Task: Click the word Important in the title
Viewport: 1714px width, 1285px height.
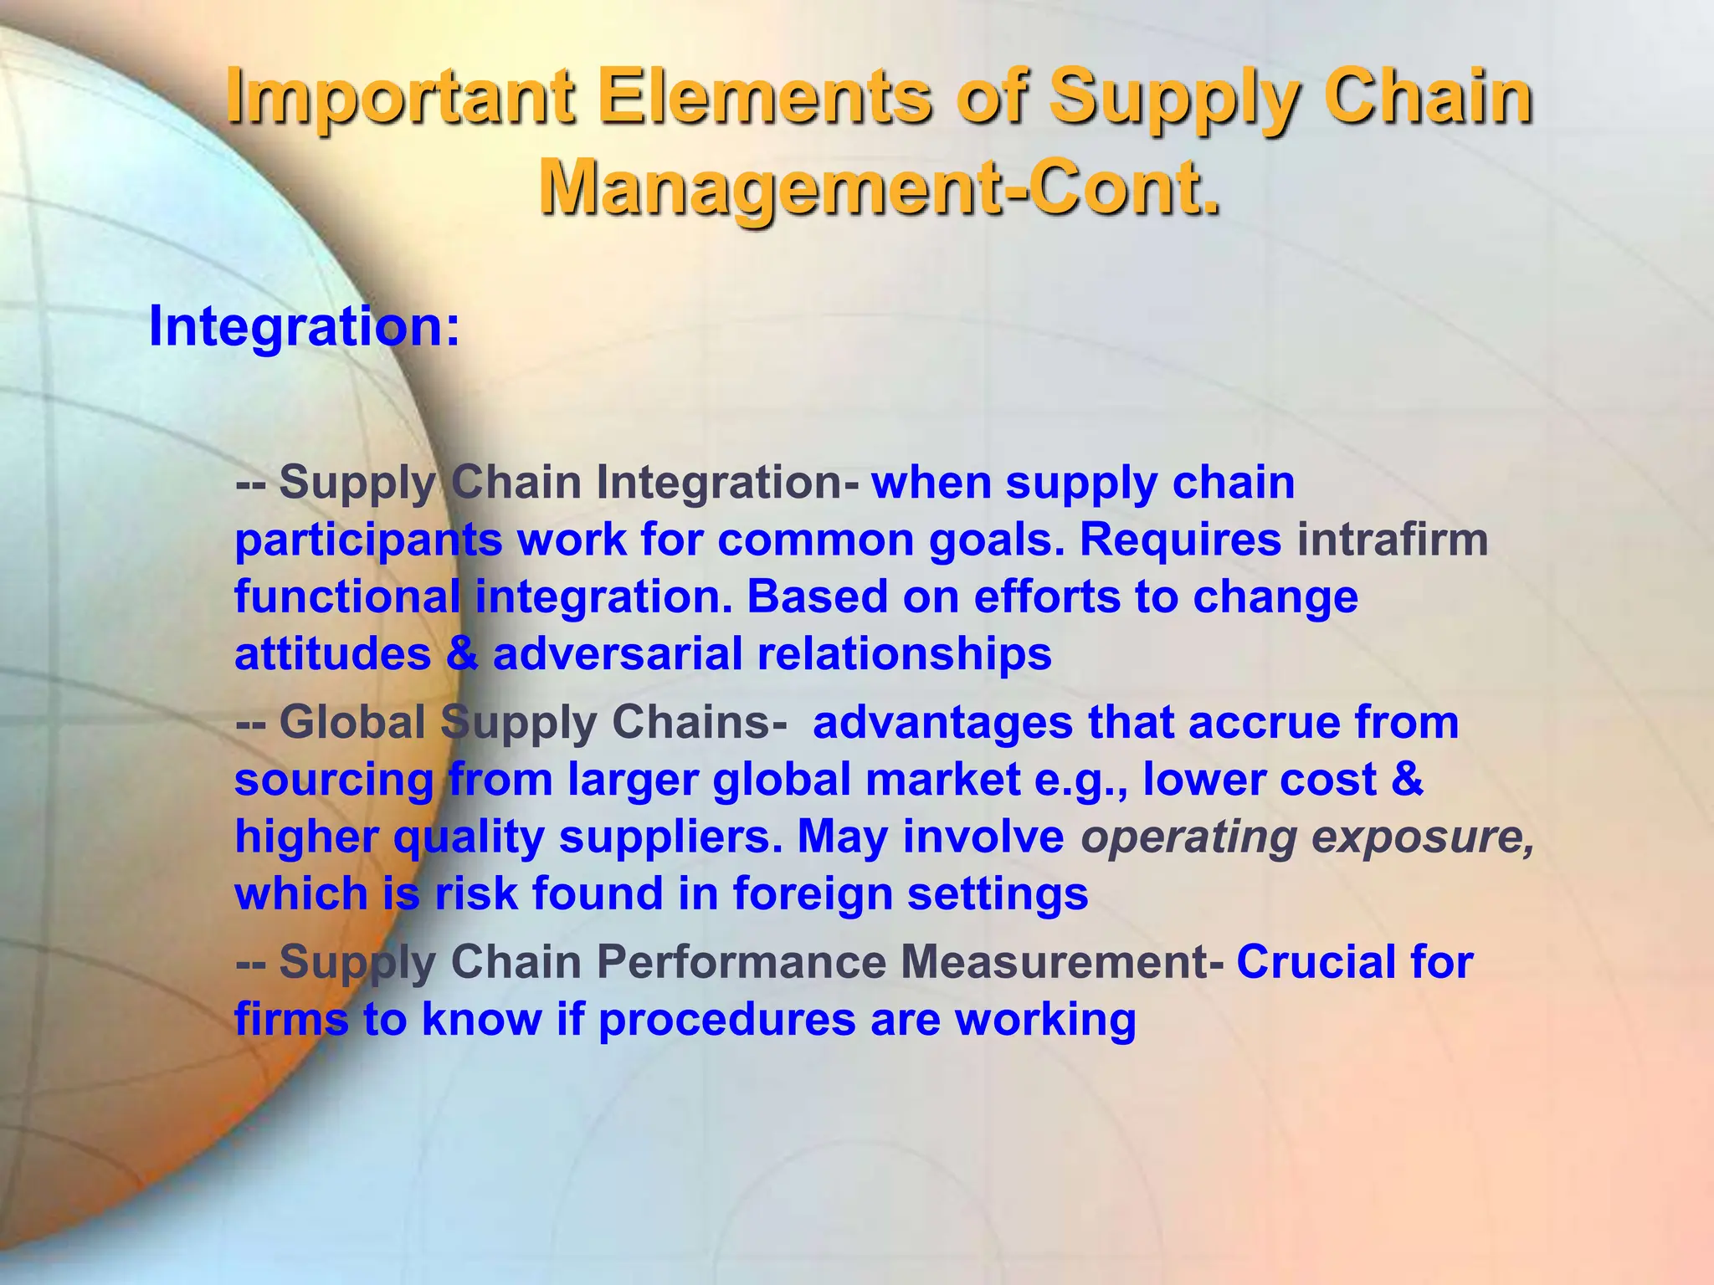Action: click(400, 99)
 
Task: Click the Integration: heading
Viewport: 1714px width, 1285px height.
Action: click(304, 326)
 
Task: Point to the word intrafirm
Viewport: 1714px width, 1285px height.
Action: click(1393, 540)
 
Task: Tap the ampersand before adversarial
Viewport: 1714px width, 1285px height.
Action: click(461, 653)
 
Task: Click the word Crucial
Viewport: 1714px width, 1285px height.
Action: click(1316, 962)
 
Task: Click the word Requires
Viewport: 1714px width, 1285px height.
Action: click(1180, 540)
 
